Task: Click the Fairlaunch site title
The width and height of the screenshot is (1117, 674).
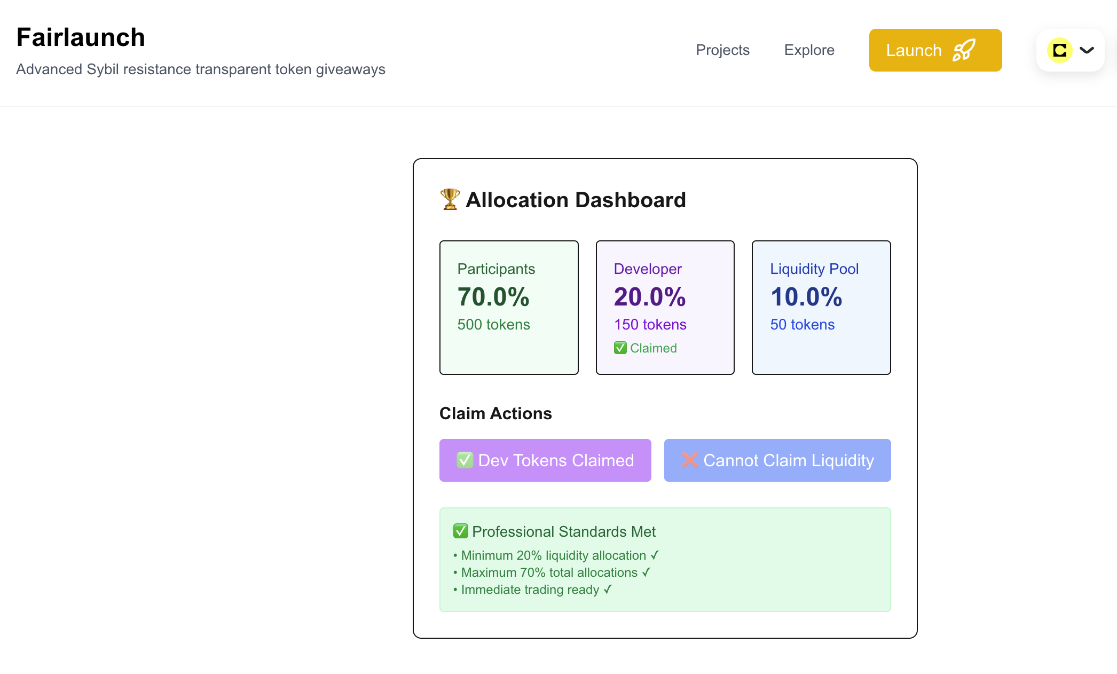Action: point(81,37)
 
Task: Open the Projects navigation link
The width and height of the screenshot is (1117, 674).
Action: point(722,50)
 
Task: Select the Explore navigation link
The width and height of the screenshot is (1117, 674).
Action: point(809,50)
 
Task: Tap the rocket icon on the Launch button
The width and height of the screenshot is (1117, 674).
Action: point(964,50)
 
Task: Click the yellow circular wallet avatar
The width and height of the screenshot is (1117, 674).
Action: point(1060,50)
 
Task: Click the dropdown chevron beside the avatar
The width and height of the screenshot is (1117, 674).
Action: point(1087,50)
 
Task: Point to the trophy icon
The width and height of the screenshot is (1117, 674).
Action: point(450,199)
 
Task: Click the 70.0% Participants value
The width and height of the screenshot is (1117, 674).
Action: point(493,296)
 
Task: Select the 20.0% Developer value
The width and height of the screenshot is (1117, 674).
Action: point(650,296)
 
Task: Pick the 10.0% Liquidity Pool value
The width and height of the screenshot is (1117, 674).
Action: point(806,296)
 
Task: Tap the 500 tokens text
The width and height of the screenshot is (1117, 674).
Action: point(494,325)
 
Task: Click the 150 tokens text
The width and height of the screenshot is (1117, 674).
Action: point(650,325)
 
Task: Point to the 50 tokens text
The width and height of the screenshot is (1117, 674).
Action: point(803,325)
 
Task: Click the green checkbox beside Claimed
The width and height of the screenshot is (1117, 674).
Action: point(620,348)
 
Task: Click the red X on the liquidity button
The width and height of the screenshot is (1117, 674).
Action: point(690,460)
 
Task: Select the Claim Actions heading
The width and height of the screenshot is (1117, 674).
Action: point(495,413)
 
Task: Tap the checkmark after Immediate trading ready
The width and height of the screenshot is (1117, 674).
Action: point(608,589)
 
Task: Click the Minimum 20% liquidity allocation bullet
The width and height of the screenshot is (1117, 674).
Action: point(556,555)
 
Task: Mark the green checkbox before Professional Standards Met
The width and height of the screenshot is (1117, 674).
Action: point(461,531)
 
